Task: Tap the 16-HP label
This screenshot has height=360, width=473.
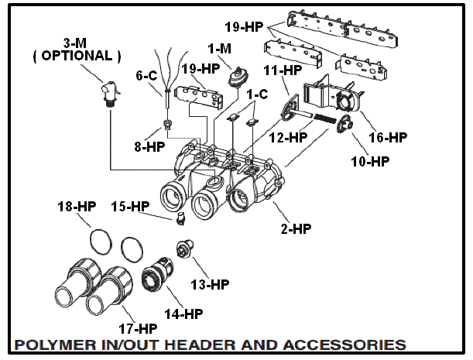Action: (x=387, y=138)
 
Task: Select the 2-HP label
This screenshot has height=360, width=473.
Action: (x=296, y=230)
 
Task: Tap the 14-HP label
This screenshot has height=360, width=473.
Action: (x=183, y=314)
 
